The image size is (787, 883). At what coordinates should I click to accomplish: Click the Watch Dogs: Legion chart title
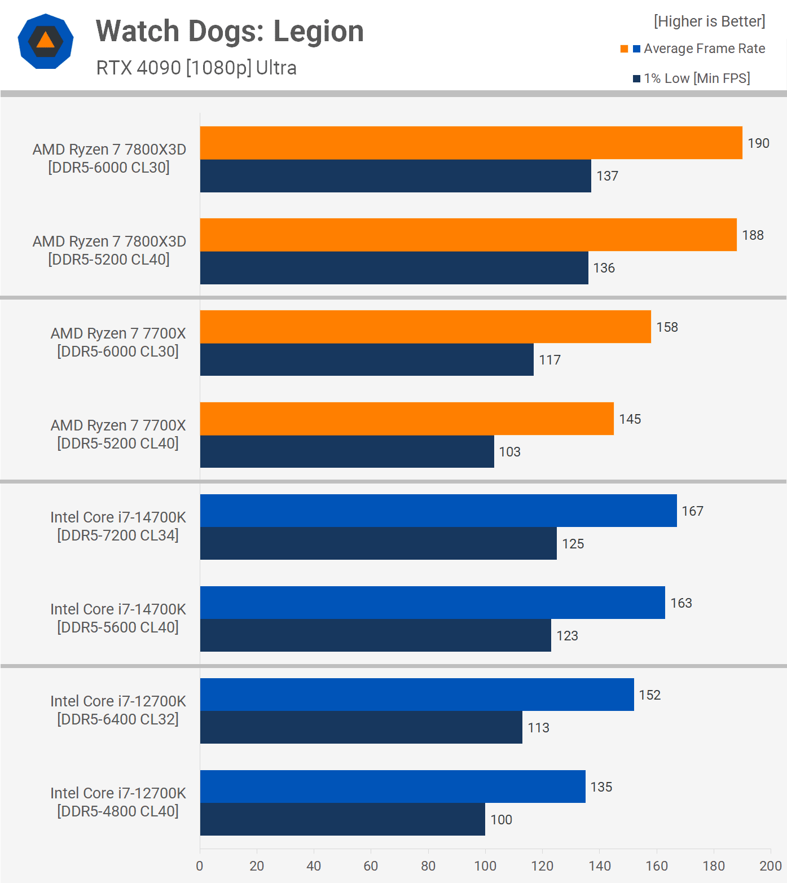230,32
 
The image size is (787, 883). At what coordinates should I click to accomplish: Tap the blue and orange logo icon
46,41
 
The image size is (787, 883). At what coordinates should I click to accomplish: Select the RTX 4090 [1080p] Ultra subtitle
196,68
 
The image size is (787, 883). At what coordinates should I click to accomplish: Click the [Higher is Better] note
709,21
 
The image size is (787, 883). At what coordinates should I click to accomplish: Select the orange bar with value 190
471,143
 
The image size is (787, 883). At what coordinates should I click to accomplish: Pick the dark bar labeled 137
395,176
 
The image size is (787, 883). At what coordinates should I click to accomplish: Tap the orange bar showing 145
407,419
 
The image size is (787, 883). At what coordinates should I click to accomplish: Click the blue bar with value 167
438,511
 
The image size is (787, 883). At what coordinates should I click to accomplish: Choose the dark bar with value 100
342,819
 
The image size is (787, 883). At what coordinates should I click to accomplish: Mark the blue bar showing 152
417,695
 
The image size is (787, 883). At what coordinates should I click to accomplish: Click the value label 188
753,235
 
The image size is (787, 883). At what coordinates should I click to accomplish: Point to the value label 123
567,636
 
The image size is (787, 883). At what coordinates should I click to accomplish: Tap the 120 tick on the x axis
542,866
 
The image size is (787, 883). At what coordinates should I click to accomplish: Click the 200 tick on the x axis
770,866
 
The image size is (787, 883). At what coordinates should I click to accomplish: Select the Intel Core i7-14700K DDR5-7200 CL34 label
118,526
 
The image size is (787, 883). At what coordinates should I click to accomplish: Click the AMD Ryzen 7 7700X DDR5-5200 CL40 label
118,434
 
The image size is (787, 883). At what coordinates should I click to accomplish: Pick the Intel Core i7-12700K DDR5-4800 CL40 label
118,802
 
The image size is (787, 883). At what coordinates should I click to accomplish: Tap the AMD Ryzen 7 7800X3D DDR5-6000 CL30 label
109,159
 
